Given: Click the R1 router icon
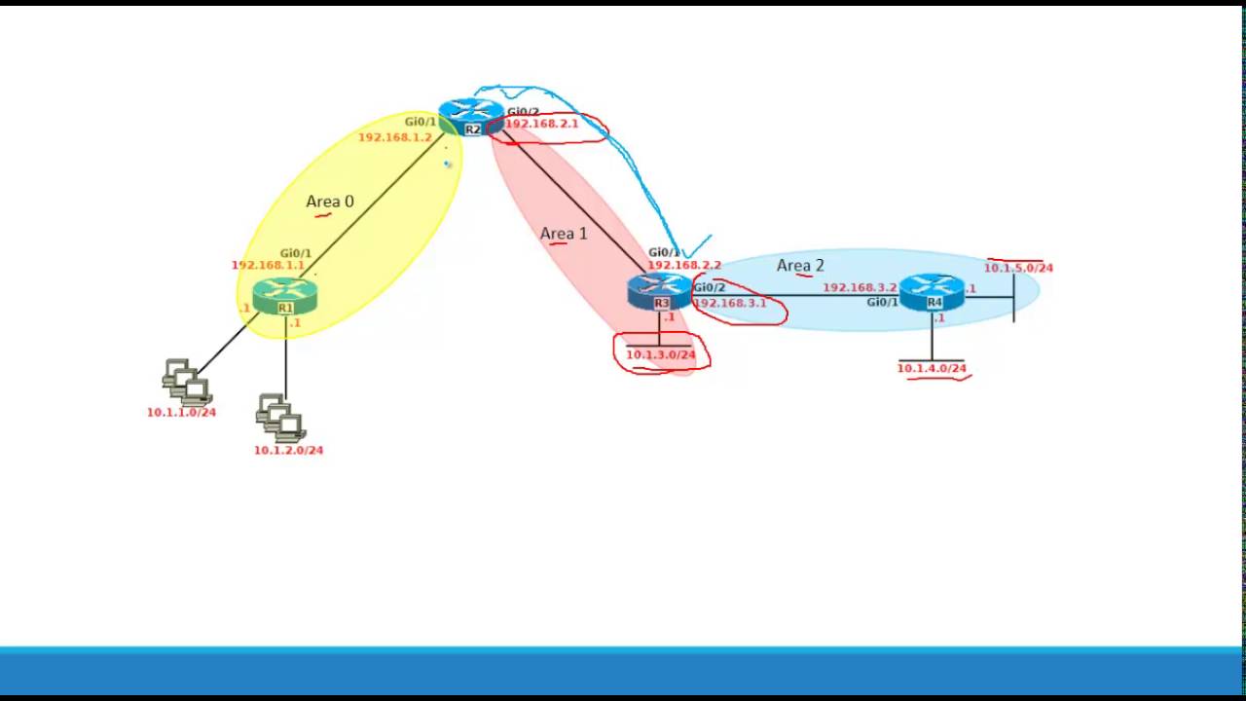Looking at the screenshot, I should pos(284,295).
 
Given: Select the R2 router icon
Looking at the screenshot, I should pos(471,117).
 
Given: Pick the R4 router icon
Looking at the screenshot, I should pos(932,291).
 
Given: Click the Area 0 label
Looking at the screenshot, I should pos(330,202).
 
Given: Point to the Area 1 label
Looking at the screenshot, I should pos(564,234).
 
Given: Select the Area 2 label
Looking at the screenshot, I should pos(800,266).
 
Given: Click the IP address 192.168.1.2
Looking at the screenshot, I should pos(394,137).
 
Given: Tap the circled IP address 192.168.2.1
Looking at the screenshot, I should pos(541,124).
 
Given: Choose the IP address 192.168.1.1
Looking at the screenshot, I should pos(268,265).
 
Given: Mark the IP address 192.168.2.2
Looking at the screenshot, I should pos(684,265).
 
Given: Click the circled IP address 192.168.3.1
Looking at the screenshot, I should pos(730,303).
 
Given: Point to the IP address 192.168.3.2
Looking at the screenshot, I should pos(860,287).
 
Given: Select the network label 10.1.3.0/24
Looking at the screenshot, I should pos(660,354).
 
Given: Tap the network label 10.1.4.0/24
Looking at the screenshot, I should pos(932,368).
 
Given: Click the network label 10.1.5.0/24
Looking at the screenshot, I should pos(1018,268).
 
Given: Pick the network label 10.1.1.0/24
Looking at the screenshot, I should pos(181,412).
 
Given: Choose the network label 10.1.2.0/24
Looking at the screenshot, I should pos(288,450).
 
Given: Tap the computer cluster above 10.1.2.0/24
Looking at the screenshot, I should pos(280,418).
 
